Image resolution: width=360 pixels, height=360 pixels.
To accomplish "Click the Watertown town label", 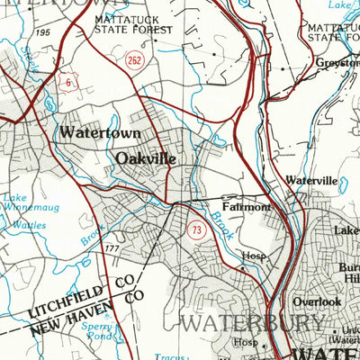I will [x=99, y=132].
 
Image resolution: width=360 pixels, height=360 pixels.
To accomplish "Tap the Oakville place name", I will [x=145, y=158].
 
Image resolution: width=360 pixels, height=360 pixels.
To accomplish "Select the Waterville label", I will [x=311, y=180].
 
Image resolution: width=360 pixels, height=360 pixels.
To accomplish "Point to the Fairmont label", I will [x=246, y=207].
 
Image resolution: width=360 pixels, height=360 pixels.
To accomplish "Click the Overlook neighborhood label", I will [x=317, y=302].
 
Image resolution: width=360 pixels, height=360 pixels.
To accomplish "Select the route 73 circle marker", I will [x=195, y=232].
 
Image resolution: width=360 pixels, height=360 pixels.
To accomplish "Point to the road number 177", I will [x=112, y=248].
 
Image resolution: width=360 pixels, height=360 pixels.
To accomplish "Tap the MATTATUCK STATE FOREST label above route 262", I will [x=132, y=25].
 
